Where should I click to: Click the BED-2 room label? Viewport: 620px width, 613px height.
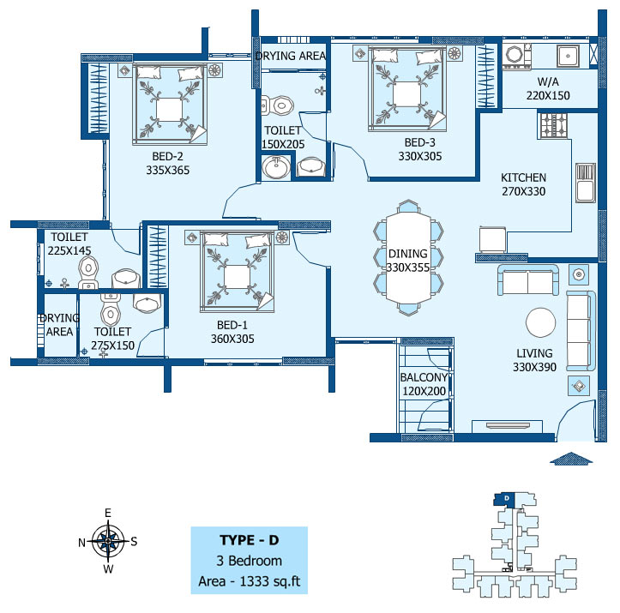pos(168,156)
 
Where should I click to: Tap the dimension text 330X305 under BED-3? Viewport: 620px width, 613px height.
pos(420,156)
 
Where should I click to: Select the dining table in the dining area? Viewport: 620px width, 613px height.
pos(408,258)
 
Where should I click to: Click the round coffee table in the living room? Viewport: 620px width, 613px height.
pos(540,322)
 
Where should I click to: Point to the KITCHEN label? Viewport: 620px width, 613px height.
pos(523,177)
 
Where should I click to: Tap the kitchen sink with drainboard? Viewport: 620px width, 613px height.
pos(586,183)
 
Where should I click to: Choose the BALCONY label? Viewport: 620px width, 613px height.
pos(424,377)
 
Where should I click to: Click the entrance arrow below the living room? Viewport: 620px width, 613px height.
pos(571,458)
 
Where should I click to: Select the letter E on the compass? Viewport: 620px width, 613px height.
pos(108,513)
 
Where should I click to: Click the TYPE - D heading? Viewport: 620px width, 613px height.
pos(250,540)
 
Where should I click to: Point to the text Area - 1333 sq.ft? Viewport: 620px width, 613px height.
pos(250,581)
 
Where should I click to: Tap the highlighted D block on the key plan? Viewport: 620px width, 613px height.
pos(503,499)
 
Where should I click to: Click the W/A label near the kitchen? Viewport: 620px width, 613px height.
pos(548,81)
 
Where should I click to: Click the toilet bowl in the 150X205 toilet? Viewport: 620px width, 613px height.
pos(279,105)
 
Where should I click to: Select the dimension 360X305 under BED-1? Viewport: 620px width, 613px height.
pos(232,339)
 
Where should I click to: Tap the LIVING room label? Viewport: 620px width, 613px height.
pos(534,353)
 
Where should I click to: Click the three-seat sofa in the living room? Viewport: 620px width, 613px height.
pos(581,331)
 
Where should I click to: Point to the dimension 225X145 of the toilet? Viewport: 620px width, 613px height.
pos(69,250)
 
